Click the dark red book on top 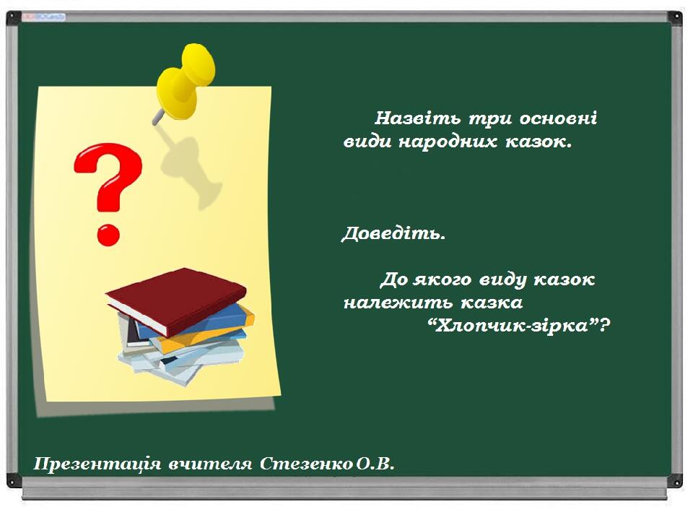point(176,300)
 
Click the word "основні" point(558,118)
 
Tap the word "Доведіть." point(393,233)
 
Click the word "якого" point(443,280)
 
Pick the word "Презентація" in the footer point(97,464)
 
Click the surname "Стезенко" point(306,464)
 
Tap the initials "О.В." point(375,464)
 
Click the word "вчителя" point(210,464)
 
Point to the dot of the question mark point(108,235)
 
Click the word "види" point(367,142)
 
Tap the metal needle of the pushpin point(158,118)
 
